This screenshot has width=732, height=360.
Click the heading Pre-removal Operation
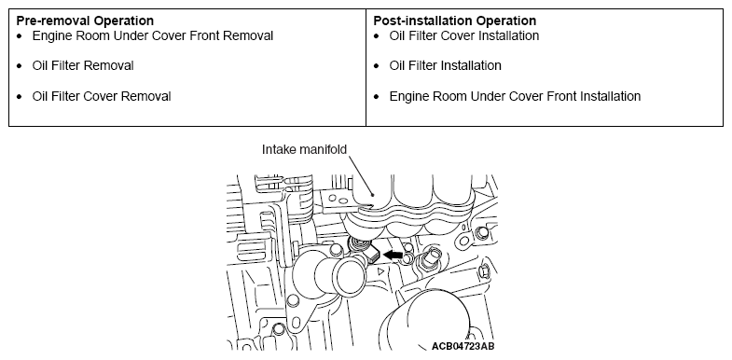85,21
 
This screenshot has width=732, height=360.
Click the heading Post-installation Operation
455,21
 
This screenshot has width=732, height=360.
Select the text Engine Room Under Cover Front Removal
153,36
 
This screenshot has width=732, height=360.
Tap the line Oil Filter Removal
83,66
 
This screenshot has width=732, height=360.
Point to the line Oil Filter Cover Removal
102,96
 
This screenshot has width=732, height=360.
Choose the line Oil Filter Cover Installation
464,36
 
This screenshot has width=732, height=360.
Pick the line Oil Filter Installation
446,66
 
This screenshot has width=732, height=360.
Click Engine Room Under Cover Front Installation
515,96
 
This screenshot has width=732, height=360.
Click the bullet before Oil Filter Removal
20,66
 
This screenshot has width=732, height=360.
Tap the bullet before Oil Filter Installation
377,66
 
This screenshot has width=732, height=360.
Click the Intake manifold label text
304,149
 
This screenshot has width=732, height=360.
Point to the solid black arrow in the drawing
393,255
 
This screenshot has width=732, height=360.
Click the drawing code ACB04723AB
463,346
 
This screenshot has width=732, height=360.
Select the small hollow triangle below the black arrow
381,270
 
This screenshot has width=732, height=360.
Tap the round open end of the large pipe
349,275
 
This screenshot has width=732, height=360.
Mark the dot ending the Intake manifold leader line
373,194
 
